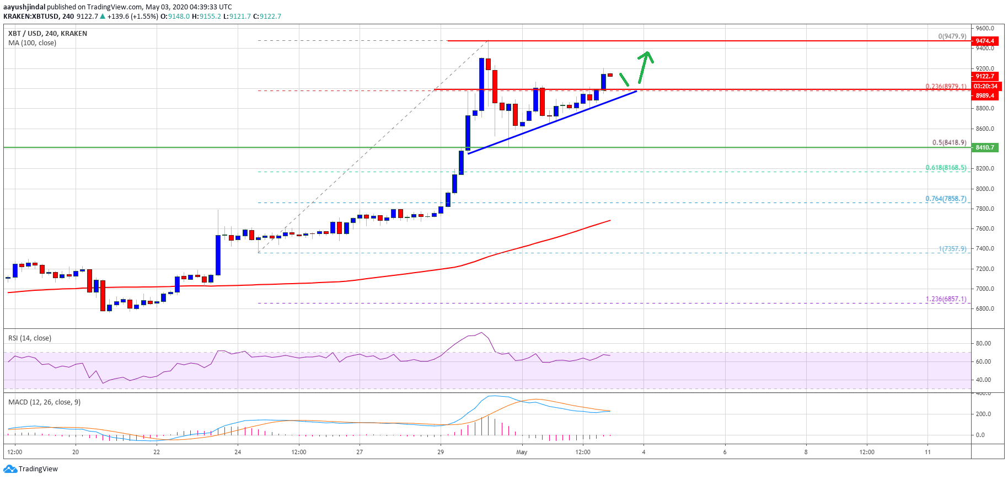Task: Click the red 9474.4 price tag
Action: click(x=985, y=41)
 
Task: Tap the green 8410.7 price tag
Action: click(x=985, y=147)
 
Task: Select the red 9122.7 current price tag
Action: click(x=985, y=76)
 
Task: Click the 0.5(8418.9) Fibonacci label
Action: click(x=949, y=142)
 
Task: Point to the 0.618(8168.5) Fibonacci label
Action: click(x=946, y=168)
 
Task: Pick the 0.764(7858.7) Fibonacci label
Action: click(x=946, y=199)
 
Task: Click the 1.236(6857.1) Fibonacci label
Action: click(x=946, y=299)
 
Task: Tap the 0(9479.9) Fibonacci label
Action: click(x=952, y=36)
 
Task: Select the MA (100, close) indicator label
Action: click(x=32, y=43)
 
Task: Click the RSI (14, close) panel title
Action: click(x=30, y=338)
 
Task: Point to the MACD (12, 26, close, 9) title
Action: click(x=44, y=402)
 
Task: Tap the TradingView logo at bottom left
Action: click(x=31, y=469)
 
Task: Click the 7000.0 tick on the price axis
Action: click(x=985, y=289)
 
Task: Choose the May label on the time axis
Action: click(x=522, y=453)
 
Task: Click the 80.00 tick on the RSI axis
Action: click(x=983, y=343)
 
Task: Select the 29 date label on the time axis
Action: click(x=441, y=453)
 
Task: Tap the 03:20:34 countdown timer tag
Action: click(x=985, y=86)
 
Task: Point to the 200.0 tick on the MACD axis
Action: click(x=984, y=414)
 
